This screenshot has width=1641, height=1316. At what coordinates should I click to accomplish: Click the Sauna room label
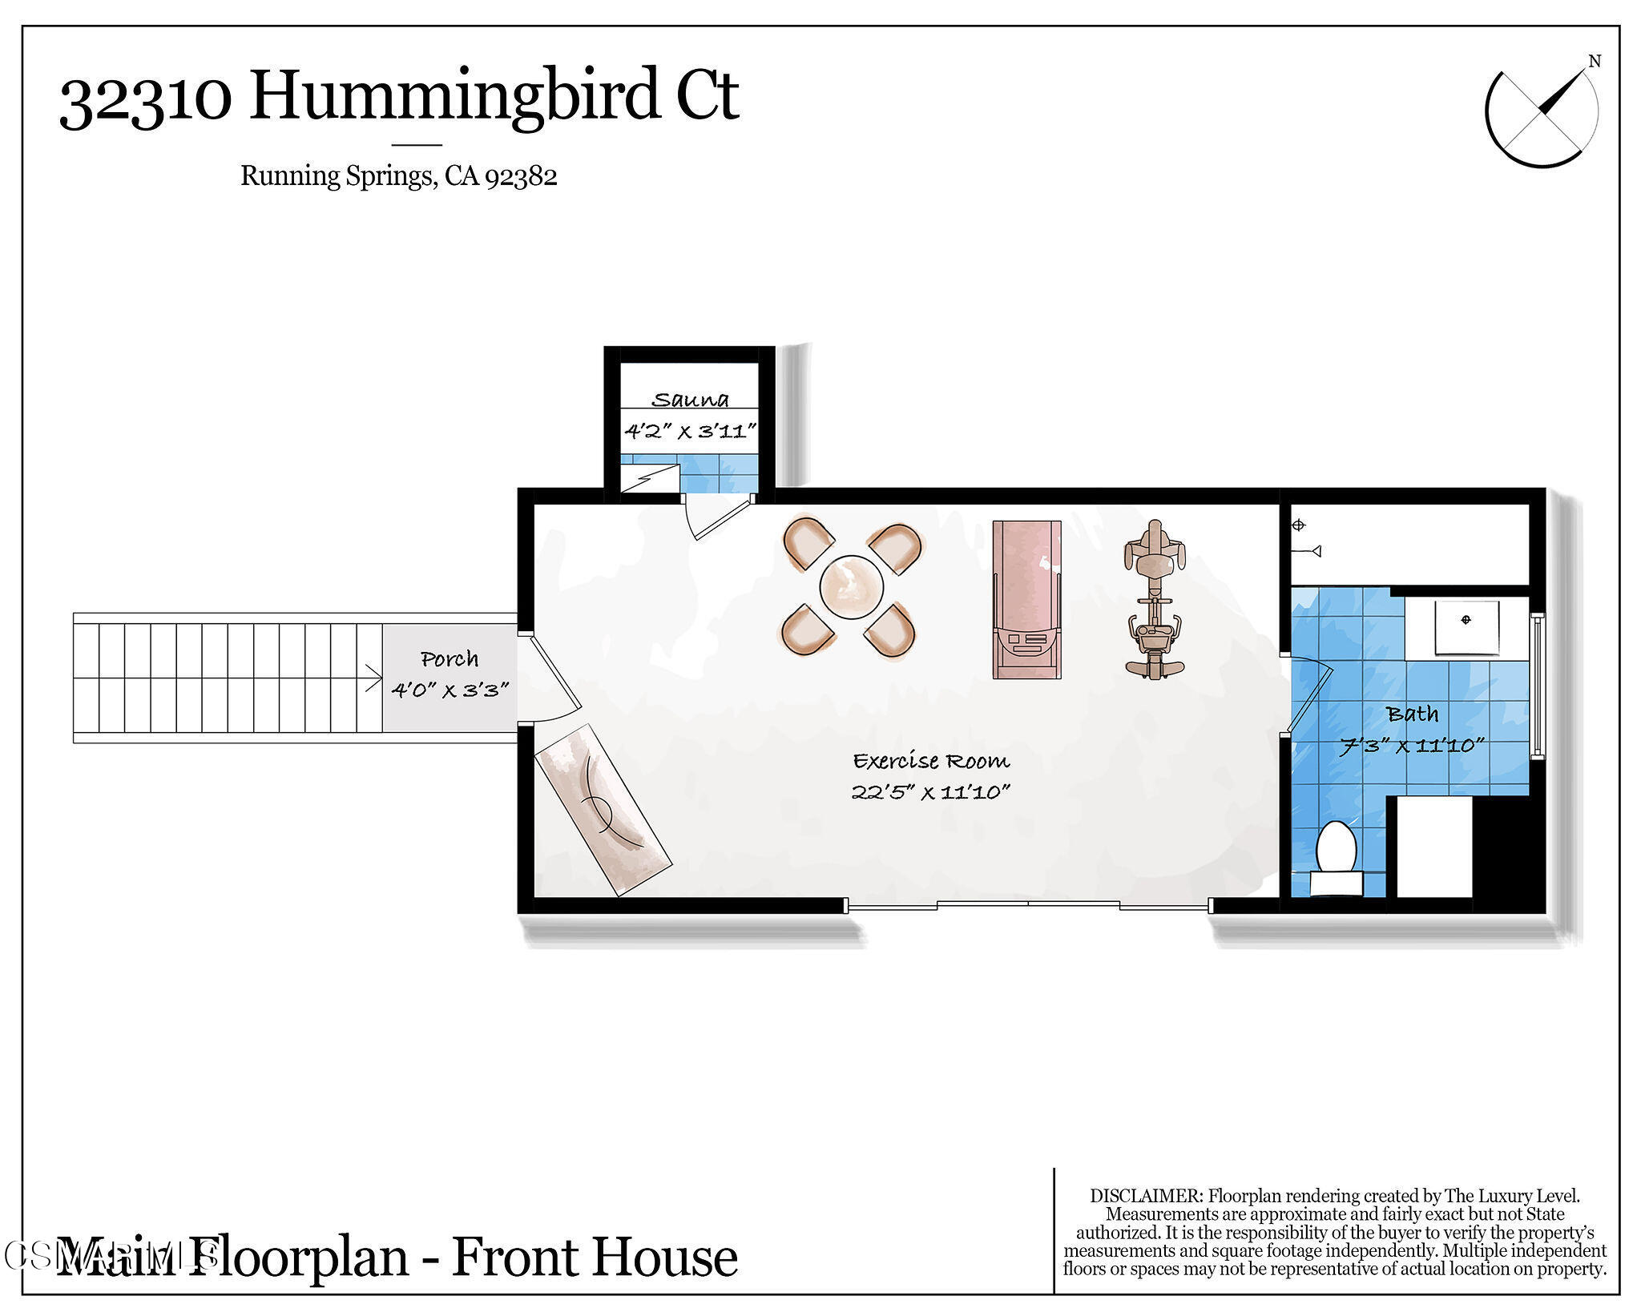[x=690, y=400]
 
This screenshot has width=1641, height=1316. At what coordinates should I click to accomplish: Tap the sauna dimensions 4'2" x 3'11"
[x=690, y=432]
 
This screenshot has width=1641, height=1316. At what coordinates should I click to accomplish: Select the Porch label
[x=450, y=659]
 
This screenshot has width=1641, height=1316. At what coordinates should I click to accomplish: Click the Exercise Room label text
[x=930, y=761]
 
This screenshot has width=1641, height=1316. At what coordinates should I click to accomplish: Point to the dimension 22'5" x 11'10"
[x=930, y=792]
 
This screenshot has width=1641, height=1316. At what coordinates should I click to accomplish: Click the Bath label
[x=1412, y=714]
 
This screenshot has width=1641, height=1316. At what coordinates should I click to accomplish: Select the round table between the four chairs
[x=851, y=587]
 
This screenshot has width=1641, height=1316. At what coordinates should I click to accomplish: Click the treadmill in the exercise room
[x=1026, y=599]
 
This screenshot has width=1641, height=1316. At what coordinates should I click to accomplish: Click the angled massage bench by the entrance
[x=603, y=809]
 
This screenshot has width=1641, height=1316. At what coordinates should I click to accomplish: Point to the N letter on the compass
[x=1594, y=62]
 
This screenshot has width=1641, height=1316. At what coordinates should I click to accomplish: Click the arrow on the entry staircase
[x=373, y=677]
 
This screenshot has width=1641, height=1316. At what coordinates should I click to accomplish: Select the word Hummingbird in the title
[x=457, y=96]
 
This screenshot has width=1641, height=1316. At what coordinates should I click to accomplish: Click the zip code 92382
[x=521, y=175]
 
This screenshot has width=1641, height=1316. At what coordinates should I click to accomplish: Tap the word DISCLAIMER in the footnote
[x=1146, y=1196]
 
